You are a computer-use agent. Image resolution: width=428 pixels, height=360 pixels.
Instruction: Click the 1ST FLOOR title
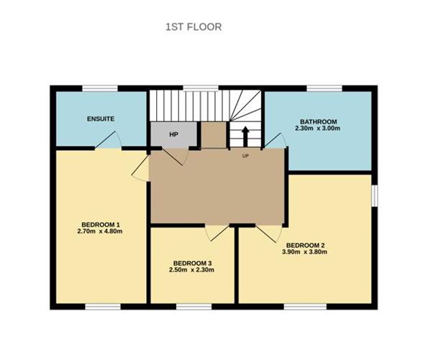click(193, 27)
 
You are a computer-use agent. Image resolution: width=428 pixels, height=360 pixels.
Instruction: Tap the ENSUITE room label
click(101, 119)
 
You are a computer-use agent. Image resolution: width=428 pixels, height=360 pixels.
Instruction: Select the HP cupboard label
click(174, 134)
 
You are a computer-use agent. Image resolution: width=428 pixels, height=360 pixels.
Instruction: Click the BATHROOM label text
click(318, 121)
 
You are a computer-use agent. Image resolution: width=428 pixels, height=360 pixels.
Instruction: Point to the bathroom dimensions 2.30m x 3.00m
click(318, 128)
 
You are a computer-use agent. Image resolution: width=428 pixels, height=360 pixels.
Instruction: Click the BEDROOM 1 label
click(101, 225)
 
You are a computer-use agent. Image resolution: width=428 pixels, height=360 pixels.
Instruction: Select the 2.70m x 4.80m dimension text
click(100, 231)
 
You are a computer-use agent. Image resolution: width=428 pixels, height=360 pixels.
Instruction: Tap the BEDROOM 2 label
click(306, 245)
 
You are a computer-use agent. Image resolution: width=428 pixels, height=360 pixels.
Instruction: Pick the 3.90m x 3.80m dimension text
click(304, 251)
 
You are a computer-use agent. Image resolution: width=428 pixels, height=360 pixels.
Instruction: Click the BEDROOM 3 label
click(193, 263)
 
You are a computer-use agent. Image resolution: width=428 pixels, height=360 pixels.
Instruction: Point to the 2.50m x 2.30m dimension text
click(191, 270)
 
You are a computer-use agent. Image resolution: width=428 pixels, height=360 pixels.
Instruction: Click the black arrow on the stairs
click(245, 137)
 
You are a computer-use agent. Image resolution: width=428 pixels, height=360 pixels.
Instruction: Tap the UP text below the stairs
click(245, 156)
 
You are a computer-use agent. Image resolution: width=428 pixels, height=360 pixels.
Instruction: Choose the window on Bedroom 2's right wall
click(375, 196)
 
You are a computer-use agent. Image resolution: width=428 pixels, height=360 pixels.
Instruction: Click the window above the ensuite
click(100, 88)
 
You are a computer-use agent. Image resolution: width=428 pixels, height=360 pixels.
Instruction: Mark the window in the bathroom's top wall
click(324, 88)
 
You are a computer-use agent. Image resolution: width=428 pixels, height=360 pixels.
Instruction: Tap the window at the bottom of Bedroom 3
click(193, 307)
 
